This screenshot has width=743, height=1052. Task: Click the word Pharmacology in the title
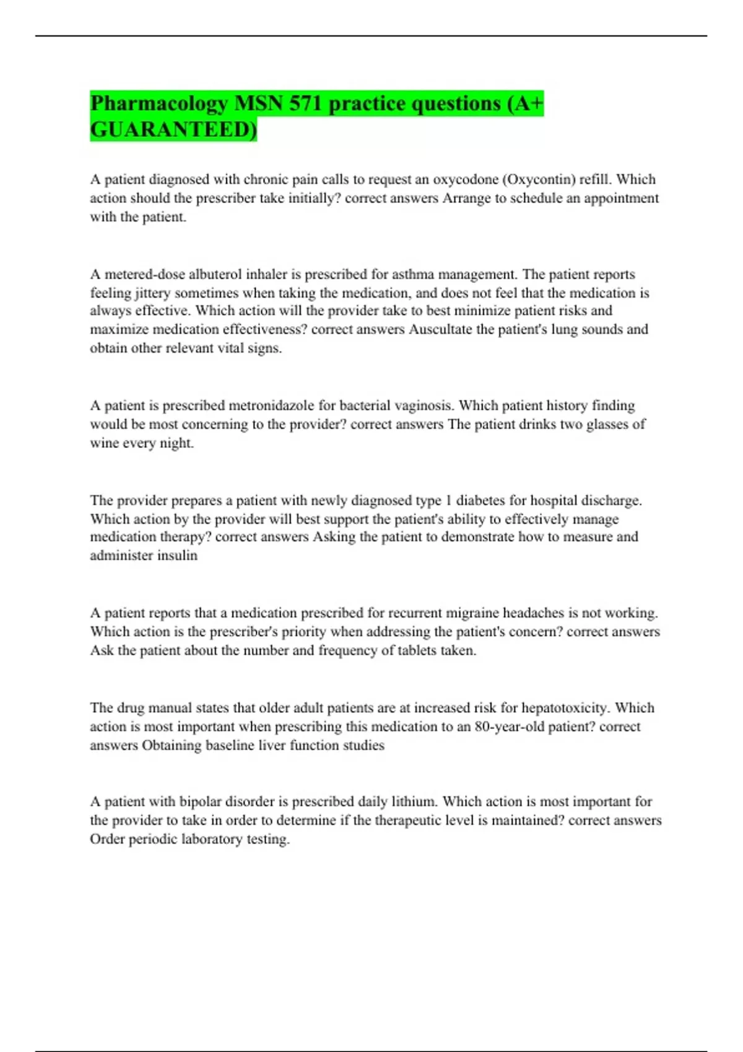point(159,104)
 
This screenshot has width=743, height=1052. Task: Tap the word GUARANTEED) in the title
point(173,130)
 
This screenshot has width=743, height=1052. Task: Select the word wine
point(105,443)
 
